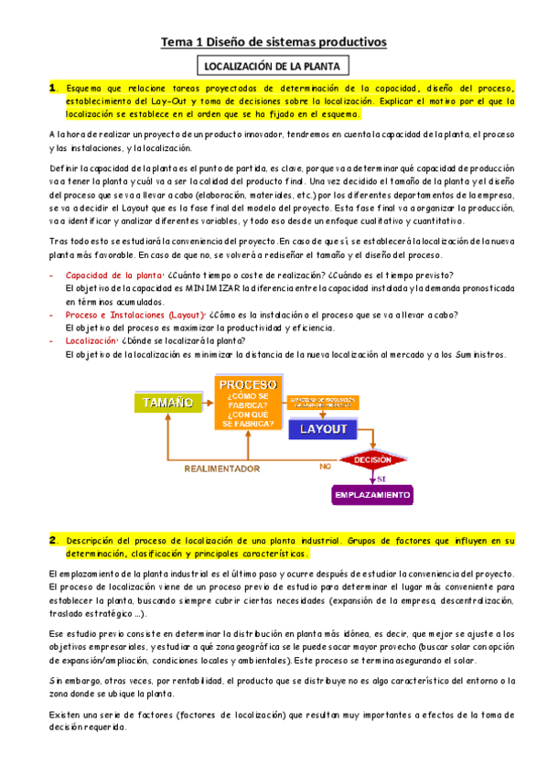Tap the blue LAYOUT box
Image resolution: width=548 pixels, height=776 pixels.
click(319, 428)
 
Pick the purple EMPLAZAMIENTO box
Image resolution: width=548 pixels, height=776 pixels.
click(371, 494)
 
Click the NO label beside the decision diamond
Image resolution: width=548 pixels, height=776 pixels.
click(325, 466)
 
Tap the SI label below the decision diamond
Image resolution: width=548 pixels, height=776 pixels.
click(381, 477)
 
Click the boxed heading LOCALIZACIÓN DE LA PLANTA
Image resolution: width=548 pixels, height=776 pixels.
click(274, 67)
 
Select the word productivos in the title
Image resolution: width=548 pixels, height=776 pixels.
click(352, 42)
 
